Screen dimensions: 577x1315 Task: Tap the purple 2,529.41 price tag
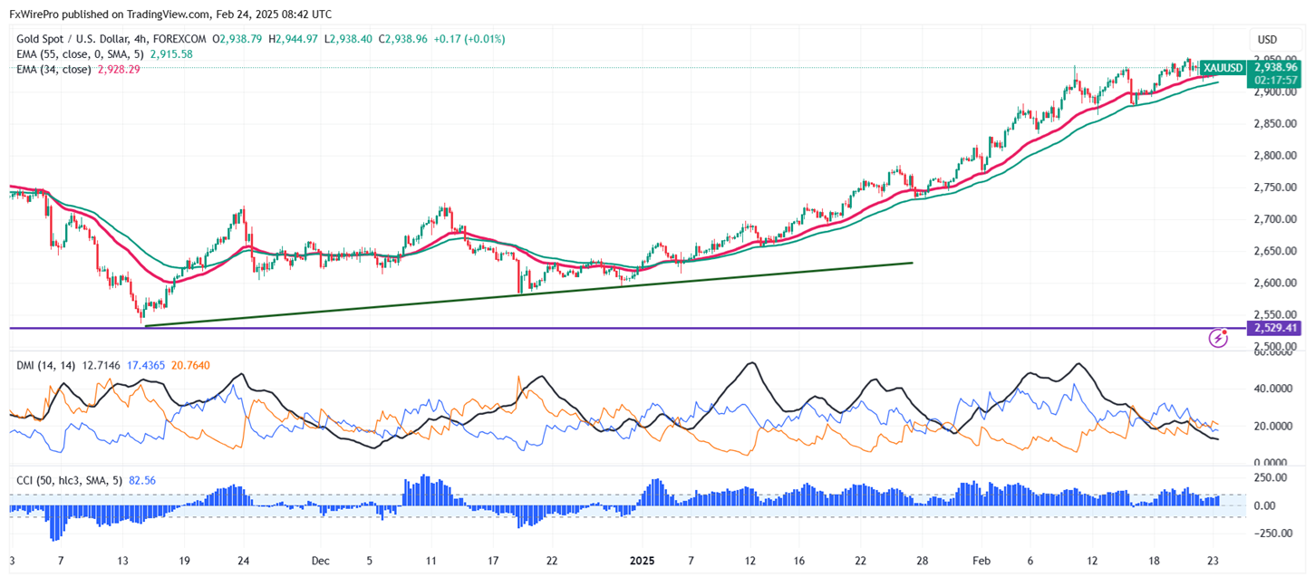pos(1274,327)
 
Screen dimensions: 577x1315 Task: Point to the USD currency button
pos(1267,40)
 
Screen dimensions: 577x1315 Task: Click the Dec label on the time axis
pos(320,561)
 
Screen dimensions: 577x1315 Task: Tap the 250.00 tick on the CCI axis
pos(1273,477)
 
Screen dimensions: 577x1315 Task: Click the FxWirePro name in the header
pos(35,14)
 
